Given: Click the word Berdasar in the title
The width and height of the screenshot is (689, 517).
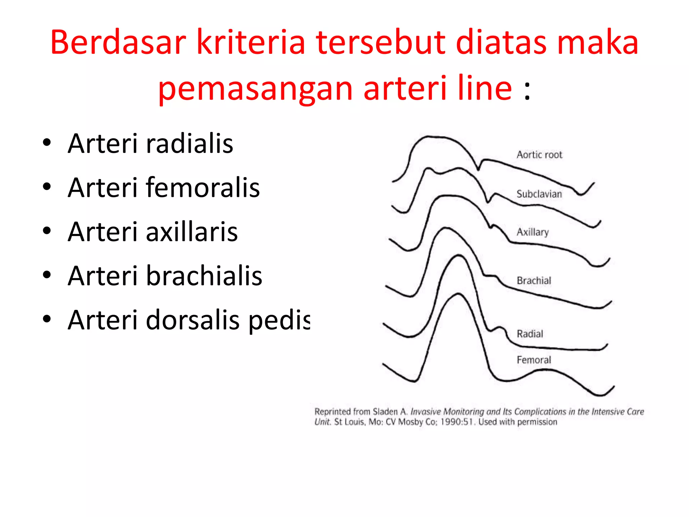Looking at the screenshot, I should (118, 43).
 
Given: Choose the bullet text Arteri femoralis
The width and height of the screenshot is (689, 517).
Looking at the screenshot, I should (164, 187).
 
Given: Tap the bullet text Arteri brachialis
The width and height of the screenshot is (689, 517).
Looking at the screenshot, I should (165, 276).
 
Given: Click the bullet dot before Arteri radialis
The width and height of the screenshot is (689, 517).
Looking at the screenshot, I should (47, 143).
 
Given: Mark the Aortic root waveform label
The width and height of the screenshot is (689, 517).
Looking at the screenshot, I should (539, 155).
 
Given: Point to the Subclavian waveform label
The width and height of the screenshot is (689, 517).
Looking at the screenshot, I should (539, 194).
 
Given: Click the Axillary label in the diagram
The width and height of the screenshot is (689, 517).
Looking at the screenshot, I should (533, 232).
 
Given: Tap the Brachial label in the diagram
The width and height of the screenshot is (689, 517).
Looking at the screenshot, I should (534, 281).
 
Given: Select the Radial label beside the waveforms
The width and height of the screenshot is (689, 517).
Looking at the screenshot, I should (530, 334).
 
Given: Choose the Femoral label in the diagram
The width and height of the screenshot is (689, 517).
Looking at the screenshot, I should (534, 360).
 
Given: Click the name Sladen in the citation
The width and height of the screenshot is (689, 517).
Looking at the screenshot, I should (385, 412).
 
